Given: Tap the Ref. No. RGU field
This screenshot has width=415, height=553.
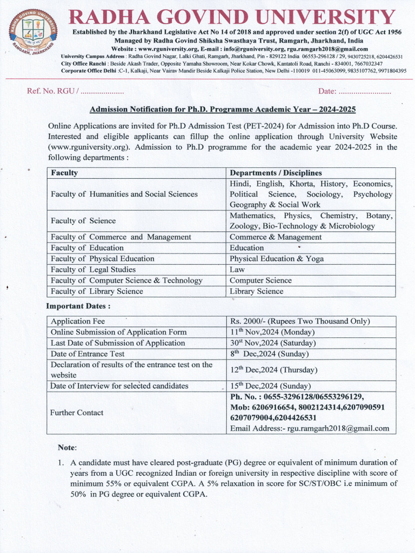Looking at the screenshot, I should click(x=75, y=91).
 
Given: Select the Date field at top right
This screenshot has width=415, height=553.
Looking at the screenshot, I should click(x=354, y=91).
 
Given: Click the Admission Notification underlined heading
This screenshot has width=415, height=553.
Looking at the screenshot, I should click(x=223, y=109).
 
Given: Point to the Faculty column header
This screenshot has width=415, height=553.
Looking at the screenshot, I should click(x=64, y=173).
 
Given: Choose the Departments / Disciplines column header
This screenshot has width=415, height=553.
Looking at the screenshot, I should click(x=276, y=173).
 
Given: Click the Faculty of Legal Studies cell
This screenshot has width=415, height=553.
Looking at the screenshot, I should click(x=93, y=269).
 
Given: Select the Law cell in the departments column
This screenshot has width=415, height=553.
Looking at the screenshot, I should click(x=237, y=269).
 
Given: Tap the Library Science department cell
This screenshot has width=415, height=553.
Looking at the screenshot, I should click(x=256, y=291).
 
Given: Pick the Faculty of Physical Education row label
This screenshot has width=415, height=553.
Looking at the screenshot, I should click(x=102, y=259).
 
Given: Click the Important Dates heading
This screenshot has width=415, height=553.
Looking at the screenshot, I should click(x=78, y=306).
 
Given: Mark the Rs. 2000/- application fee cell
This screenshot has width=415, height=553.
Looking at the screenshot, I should click(x=299, y=321).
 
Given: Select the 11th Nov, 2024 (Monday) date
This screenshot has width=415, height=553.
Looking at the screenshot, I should click(x=272, y=332).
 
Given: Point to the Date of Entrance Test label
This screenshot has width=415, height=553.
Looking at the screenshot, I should click(x=88, y=354).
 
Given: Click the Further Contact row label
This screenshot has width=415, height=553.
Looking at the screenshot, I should click(x=77, y=413).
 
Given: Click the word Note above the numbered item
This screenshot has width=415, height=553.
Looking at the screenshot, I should click(x=68, y=448).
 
